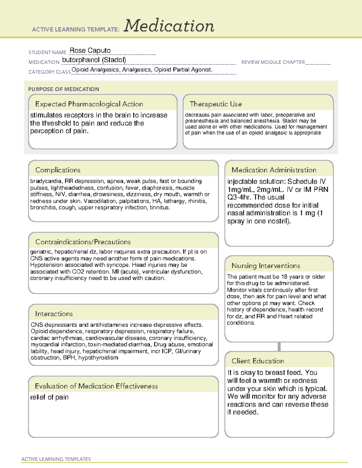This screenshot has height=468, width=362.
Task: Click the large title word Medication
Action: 169,26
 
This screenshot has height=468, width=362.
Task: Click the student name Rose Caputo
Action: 90,50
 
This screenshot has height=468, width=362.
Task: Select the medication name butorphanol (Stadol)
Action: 94,60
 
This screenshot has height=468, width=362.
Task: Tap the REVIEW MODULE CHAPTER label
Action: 273,62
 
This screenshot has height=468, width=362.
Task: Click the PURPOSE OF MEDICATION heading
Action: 64,89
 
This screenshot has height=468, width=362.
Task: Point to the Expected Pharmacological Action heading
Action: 89,104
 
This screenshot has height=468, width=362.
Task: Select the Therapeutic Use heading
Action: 216,104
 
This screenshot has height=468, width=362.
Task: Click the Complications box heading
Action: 58,170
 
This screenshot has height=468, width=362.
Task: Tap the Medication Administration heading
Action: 274,170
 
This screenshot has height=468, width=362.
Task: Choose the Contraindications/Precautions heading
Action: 83,242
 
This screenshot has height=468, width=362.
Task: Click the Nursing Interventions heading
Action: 266,266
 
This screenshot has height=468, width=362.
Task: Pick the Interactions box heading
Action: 54,314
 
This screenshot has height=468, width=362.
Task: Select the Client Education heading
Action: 258,361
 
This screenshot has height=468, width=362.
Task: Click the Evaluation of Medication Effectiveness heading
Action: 96,386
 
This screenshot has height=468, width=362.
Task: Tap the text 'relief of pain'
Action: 49,397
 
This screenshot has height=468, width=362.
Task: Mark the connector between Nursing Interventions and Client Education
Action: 279,347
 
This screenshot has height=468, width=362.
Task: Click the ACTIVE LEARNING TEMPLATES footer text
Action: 56,459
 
